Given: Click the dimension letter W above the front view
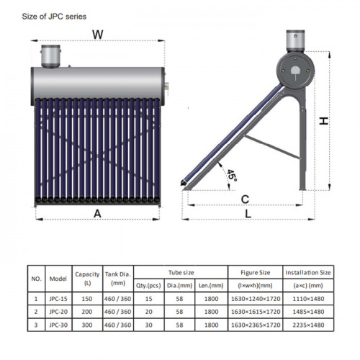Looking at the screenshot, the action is click(x=98, y=35).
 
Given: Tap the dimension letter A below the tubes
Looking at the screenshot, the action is click(x=97, y=213).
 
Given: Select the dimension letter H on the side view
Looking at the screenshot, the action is click(x=324, y=121).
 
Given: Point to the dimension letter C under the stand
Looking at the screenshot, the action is click(x=245, y=199).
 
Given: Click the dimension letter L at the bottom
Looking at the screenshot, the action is click(x=248, y=213).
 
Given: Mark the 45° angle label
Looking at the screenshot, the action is click(x=232, y=176).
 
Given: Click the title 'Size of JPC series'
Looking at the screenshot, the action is click(x=54, y=17).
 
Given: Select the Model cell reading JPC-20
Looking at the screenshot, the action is click(x=58, y=312).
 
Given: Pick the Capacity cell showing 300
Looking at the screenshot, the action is click(x=87, y=325).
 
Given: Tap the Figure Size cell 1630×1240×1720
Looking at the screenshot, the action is click(x=256, y=299).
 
